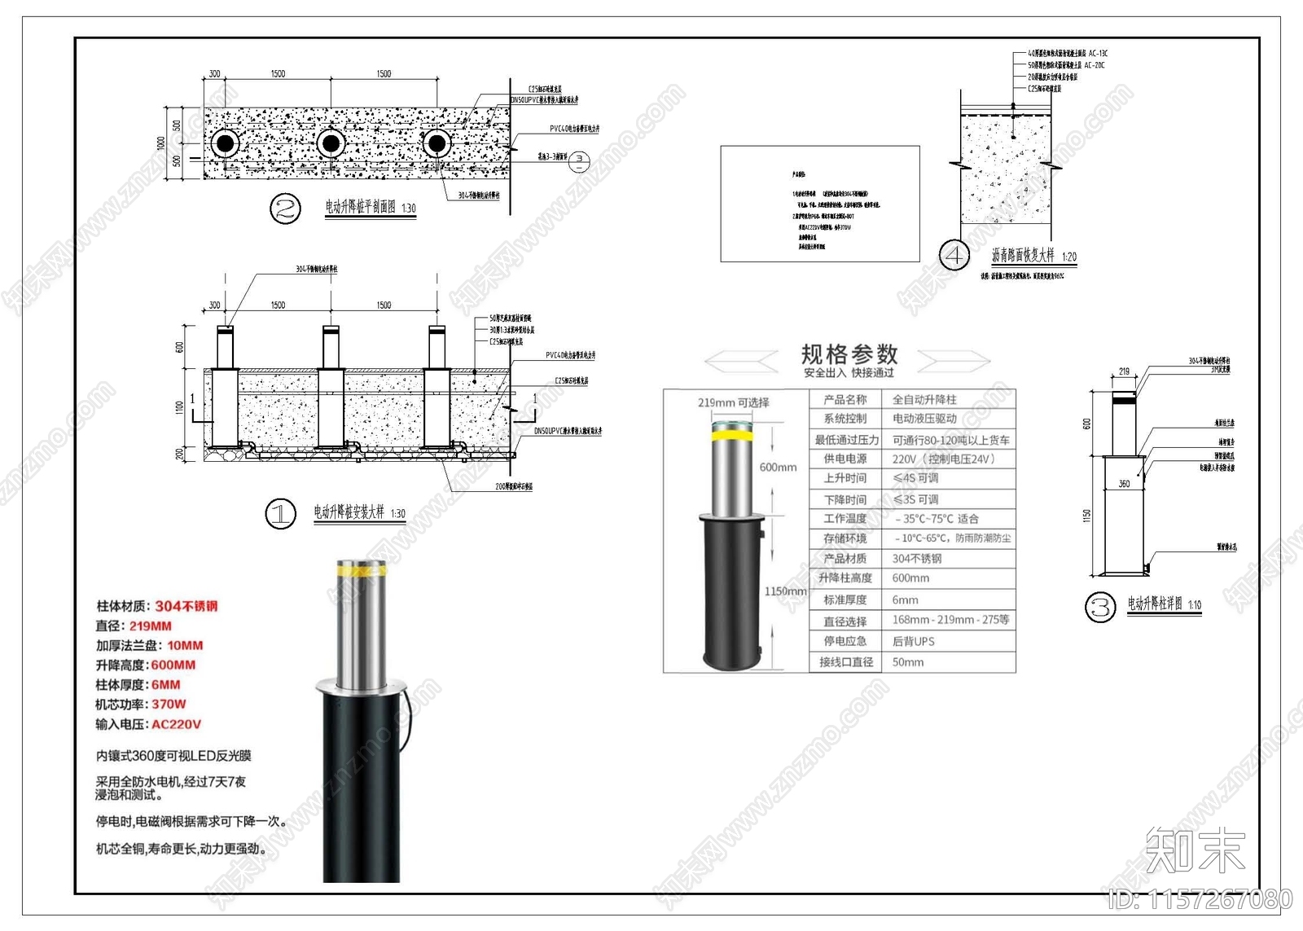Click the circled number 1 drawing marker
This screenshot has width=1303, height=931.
[281, 514]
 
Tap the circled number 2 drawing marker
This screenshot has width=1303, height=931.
[285, 209]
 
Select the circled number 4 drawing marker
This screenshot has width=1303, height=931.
[954, 255]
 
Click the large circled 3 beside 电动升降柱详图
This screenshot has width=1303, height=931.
[1100, 607]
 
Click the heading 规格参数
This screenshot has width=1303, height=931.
[849, 354]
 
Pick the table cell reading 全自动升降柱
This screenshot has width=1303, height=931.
[924, 400]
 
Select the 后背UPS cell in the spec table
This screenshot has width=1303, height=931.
[913, 642]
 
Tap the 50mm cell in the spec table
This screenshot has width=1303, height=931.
[908, 662]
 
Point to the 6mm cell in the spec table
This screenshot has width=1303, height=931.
[905, 600]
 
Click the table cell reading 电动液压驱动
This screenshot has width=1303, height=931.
[924, 419]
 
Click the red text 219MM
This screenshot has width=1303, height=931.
[151, 626]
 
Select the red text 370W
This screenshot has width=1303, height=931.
[169, 705]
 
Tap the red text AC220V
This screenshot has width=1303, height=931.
[176, 724]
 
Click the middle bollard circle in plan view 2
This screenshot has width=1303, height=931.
[331, 144]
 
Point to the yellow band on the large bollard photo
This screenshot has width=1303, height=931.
[362, 572]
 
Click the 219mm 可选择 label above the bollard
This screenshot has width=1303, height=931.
[733, 402]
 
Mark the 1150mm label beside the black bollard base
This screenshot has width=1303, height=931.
[785, 591]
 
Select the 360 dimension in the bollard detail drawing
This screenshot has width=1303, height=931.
[1124, 484]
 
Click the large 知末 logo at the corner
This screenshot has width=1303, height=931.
[1196, 850]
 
